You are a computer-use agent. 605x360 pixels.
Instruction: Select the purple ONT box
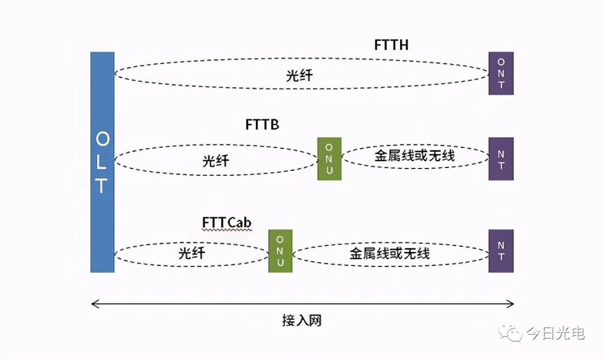(501, 73)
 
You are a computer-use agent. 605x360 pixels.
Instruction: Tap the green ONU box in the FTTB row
(329, 158)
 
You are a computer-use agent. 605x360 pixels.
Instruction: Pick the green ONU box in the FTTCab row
(280, 251)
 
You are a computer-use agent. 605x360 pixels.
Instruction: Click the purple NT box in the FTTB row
(501, 158)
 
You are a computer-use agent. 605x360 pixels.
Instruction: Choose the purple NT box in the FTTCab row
(501, 251)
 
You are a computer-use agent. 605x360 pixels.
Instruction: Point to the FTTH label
(391, 45)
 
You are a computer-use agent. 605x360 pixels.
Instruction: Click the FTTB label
(262, 124)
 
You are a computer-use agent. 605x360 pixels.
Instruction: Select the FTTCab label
(227, 222)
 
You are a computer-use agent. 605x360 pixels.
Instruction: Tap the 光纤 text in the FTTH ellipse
(299, 76)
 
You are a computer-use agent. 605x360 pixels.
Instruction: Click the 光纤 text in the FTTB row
(216, 161)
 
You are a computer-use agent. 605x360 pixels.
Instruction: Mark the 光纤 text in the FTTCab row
(192, 253)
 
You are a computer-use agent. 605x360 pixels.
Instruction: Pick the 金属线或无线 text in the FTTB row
(415, 156)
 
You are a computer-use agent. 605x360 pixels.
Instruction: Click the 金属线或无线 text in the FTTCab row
(390, 254)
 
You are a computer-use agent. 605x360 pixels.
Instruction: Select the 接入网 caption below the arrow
(302, 321)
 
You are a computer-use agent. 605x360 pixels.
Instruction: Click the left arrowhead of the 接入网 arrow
(94, 304)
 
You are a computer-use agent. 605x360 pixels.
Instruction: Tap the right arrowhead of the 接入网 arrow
(511, 304)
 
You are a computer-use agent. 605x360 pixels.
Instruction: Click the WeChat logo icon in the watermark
(511, 333)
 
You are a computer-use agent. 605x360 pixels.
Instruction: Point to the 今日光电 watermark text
(556, 334)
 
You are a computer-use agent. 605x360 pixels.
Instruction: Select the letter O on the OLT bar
(102, 138)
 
